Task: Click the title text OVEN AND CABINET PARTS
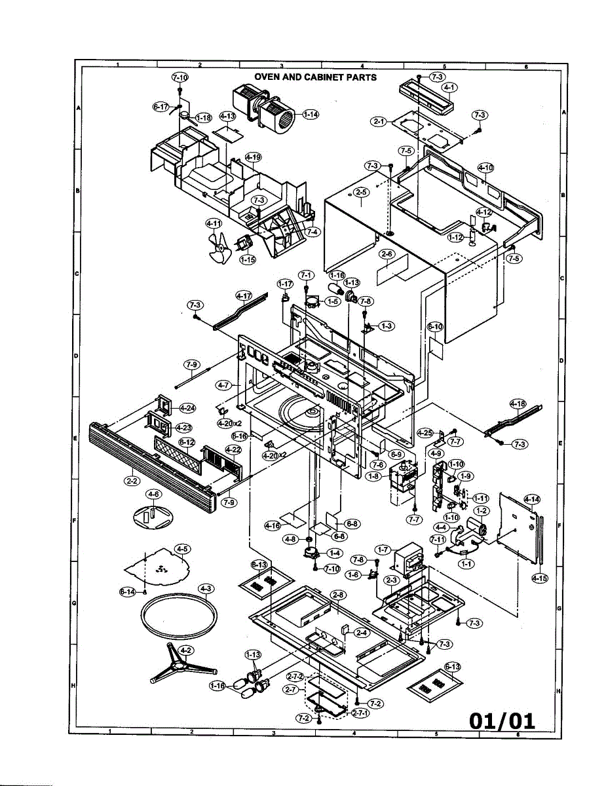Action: pyautogui.click(x=315, y=77)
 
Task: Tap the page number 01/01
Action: pyautogui.click(x=502, y=721)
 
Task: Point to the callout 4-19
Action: pyautogui.click(x=253, y=157)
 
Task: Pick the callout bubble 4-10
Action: pyautogui.click(x=485, y=168)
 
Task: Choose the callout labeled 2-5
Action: pyautogui.click(x=361, y=193)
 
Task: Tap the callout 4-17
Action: pyautogui.click(x=244, y=296)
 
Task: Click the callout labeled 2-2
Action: pyautogui.click(x=131, y=480)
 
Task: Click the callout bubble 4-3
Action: pyautogui.click(x=206, y=588)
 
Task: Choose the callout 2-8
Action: pyautogui.click(x=338, y=594)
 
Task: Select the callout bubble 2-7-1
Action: pyautogui.click(x=360, y=713)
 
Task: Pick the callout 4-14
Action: pyautogui.click(x=533, y=500)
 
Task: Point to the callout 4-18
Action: pyautogui.click(x=518, y=404)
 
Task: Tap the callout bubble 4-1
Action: pyautogui.click(x=449, y=87)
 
